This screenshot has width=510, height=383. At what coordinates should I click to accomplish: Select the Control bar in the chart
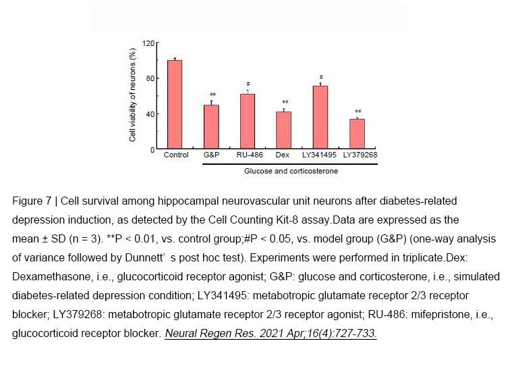click(175, 105)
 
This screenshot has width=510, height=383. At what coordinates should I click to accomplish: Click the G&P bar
click(211, 127)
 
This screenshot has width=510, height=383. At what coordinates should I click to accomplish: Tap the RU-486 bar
click(248, 122)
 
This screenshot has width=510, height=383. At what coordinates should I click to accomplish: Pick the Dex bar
click(283, 130)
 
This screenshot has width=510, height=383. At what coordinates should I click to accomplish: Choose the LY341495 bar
click(320, 118)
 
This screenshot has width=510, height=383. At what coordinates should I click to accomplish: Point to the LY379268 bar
click(357, 134)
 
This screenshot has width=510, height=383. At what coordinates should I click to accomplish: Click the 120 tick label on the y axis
click(148, 43)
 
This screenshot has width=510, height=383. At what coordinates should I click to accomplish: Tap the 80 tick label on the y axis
click(150, 78)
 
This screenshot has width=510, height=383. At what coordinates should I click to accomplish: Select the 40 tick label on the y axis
click(150, 114)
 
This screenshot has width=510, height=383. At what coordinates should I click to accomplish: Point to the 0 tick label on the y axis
click(152, 150)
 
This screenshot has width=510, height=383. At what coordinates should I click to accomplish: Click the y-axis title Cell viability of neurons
click(132, 95)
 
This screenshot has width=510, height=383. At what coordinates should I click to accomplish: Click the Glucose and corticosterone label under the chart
click(291, 171)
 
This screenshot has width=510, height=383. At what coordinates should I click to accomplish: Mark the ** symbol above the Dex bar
click(285, 102)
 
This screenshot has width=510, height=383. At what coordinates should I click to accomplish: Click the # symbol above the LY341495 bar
click(321, 77)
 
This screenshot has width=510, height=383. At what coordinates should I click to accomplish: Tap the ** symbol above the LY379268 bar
click(358, 111)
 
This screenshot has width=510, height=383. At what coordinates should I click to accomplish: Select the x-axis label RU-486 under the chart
click(250, 155)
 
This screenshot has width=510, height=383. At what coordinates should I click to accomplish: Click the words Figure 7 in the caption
click(32, 201)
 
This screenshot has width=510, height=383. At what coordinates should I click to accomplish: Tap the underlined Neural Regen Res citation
click(271, 333)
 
